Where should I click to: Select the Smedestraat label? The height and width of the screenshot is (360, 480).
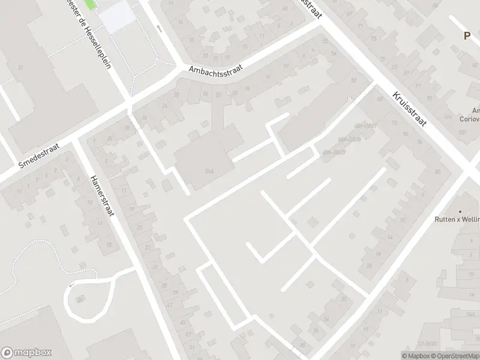click(40, 154)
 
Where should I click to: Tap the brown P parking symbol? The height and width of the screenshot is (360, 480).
click(466, 35)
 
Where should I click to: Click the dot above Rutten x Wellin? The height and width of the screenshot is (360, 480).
click(460, 212)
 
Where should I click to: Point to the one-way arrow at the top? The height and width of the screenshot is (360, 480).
click(158, 28)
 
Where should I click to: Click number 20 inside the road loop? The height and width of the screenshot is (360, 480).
click(80, 298)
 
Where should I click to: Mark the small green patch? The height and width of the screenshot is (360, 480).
click(90, 5)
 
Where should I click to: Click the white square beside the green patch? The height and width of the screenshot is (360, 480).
click(116, 16)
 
